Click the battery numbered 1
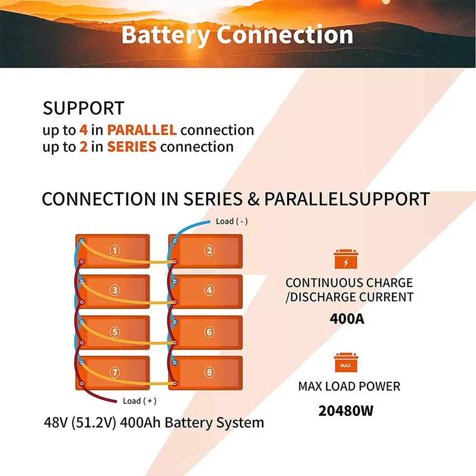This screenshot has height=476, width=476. point(115,250)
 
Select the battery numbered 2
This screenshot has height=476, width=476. point(209,250)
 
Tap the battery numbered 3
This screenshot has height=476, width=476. point(115,291)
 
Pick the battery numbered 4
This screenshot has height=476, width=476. point(209,291)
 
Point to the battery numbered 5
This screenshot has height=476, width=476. point(115,332)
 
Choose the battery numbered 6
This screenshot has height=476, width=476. point(209,332)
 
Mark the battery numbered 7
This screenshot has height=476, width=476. point(115,372)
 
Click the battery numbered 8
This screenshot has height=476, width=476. point(209,372)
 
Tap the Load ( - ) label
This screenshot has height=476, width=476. point(232,221)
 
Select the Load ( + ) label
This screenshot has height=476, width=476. point(139,401)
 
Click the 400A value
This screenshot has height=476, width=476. point(347,318)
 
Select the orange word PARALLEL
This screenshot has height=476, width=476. point(142,130)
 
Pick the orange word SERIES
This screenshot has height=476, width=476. point(132,147)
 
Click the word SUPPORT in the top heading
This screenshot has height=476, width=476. point(83,108)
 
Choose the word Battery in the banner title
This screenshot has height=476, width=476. point(165,35)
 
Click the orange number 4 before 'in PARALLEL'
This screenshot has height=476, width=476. point(84,130)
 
